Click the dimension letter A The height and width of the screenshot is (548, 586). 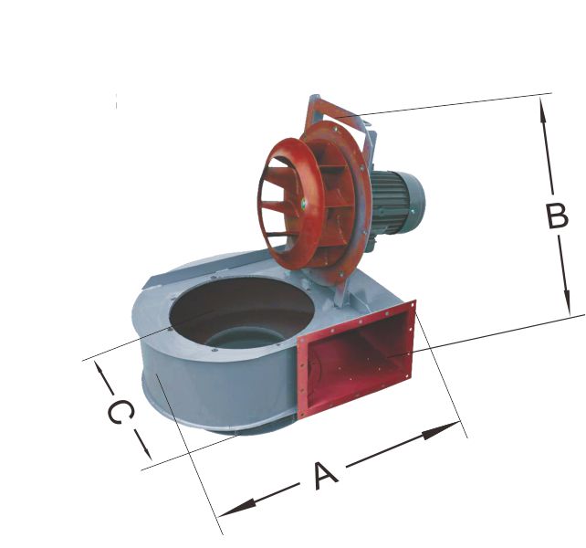click(326, 476)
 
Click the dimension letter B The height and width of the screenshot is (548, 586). click(557, 216)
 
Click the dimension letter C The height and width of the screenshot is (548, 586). click(120, 412)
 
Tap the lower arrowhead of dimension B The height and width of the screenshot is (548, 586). click(567, 301)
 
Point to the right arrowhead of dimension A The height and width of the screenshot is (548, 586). click(442, 429)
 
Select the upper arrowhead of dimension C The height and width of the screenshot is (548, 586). click(99, 371)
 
